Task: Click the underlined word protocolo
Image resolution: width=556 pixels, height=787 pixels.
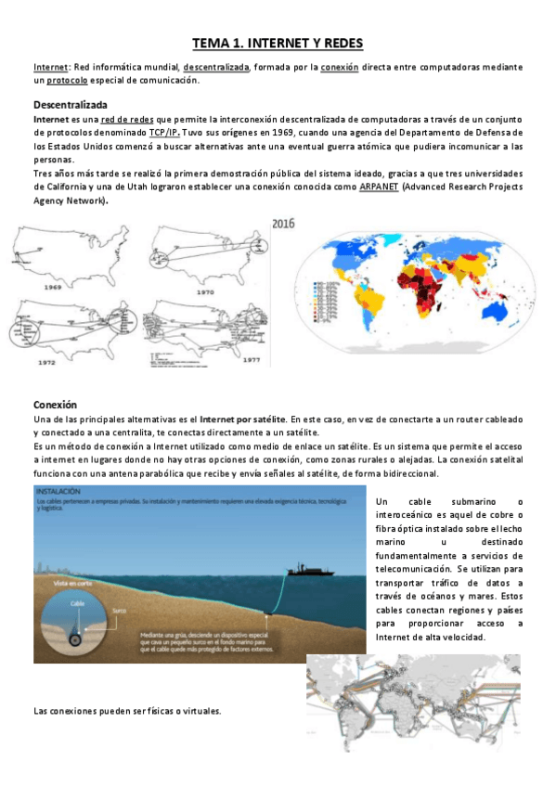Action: click(x=73, y=81)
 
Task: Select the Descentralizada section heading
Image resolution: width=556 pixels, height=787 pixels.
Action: click(x=70, y=105)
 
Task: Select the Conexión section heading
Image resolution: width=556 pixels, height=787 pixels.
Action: click(x=55, y=405)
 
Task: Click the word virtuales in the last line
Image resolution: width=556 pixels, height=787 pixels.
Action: click(x=199, y=711)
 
